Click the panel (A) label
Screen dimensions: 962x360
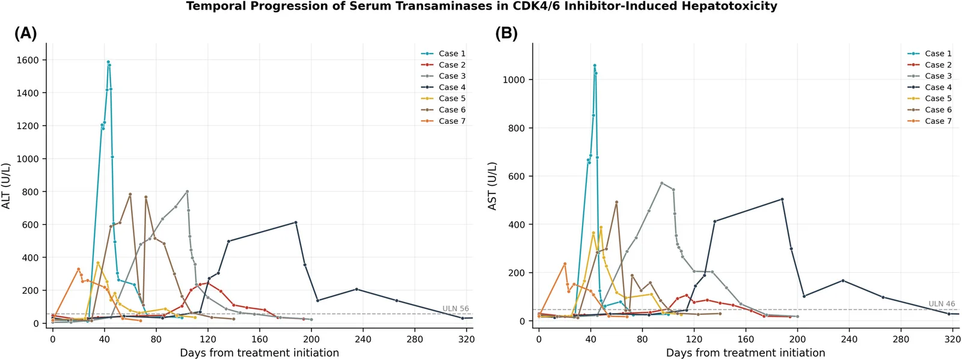coord(26,34)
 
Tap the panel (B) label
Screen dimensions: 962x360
coord(507,34)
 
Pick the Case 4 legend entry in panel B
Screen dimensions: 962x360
coord(930,88)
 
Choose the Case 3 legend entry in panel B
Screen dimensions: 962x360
coord(930,76)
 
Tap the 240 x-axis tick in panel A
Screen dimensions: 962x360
coord(363,338)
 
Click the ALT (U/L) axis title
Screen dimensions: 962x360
coord(5,186)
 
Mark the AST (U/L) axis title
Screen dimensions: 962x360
coord(492,186)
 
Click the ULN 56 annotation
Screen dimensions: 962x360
coord(456,308)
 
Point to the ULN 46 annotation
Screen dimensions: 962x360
coord(942,304)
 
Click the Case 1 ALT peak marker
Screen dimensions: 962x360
coord(108,62)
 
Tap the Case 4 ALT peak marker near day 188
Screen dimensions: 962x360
coord(296,222)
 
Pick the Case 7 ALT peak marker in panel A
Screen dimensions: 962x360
coord(78,269)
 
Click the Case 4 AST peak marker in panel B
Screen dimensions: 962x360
coord(782,199)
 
